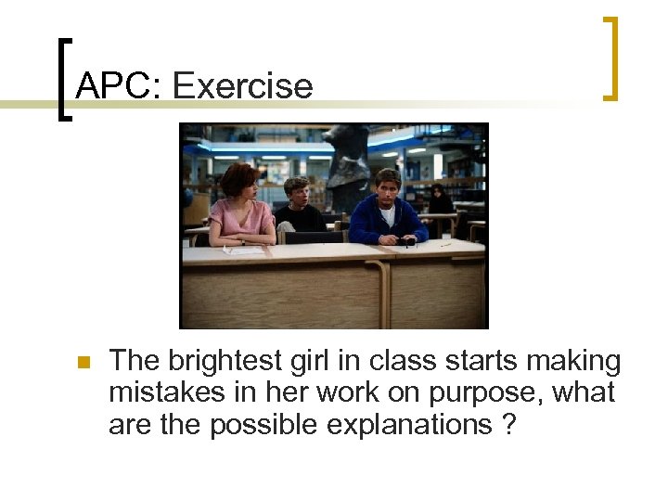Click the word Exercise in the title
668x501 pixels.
[x=243, y=86]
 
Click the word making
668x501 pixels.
[x=573, y=361]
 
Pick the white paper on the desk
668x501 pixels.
[x=244, y=250]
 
